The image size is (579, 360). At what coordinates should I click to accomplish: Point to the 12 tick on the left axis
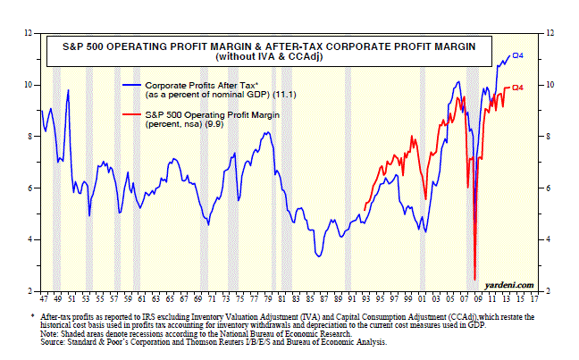click(x=33, y=33)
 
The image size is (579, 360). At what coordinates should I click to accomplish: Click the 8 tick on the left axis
click(x=33, y=137)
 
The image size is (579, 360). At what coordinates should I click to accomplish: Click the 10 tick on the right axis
click(x=548, y=85)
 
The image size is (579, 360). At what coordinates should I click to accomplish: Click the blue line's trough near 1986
click(x=319, y=256)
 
